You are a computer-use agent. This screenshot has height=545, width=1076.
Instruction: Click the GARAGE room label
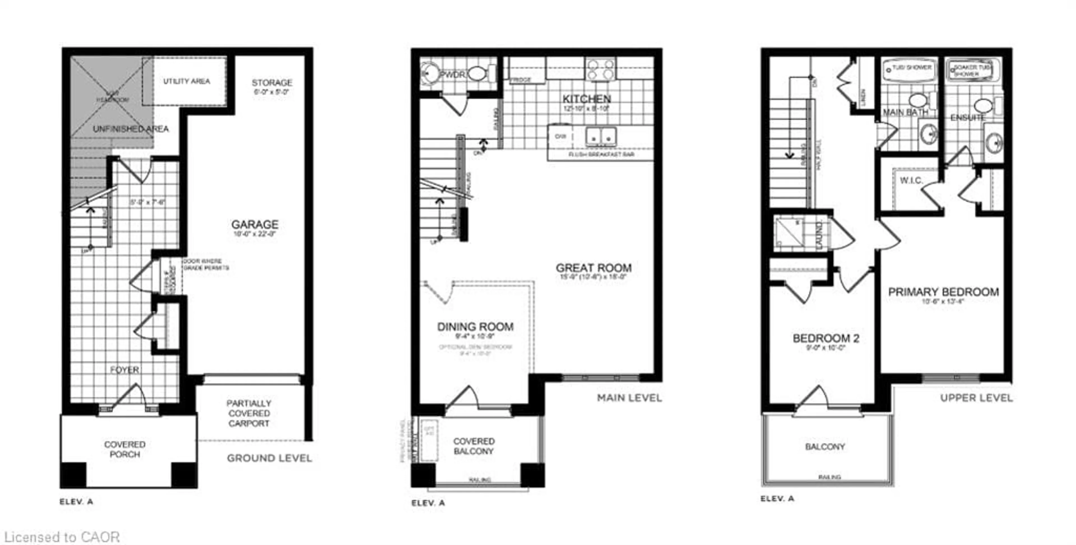(x=255, y=225)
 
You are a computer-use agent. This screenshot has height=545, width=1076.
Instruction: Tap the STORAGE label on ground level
(x=272, y=83)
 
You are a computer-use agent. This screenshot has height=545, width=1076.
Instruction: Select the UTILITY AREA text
(x=186, y=81)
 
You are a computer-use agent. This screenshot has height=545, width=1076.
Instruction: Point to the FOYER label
(x=124, y=370)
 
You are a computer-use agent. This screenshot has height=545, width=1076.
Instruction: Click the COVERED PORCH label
(x=124, y=449)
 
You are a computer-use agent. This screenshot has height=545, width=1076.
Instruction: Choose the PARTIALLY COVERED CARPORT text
(x=249, y=413)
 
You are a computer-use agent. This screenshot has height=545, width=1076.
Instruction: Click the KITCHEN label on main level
(x=586, y=99)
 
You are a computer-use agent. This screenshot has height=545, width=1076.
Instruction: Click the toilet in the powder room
(x=478, y=74)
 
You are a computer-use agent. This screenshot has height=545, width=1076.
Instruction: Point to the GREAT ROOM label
(x=593, y=268)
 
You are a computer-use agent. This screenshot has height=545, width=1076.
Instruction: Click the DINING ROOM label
(x=475, y=327)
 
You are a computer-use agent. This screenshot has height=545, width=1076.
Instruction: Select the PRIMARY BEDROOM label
(x=943, y=292)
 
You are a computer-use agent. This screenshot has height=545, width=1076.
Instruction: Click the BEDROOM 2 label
(x=826, y=338)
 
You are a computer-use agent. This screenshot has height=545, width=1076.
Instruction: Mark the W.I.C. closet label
(x=911, y=180)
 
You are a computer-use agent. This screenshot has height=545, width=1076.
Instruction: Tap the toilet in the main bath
(x=917, y=100)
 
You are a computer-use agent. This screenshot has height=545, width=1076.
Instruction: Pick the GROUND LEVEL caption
(x=269, y=458)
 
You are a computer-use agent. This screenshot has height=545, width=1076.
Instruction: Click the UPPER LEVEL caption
(x=976, y=398)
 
